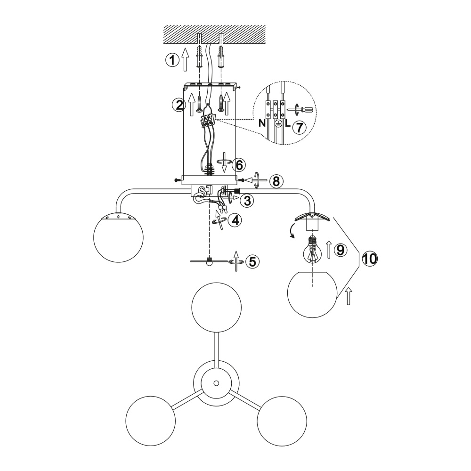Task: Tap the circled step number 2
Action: [179, 105]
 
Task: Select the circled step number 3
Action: [247, 201]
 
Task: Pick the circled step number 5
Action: [252, 261]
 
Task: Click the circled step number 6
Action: [239, 164]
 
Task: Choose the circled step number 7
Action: [299, 127]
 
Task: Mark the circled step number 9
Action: [341, 250]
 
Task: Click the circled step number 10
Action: [370, 258]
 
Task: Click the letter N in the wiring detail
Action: [262, 123]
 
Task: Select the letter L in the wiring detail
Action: [288, 123]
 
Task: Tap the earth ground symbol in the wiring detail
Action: [278, 124]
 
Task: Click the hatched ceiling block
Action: [214, 34]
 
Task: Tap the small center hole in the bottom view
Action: [216, 383]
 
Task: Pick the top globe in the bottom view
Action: [216, 307]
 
